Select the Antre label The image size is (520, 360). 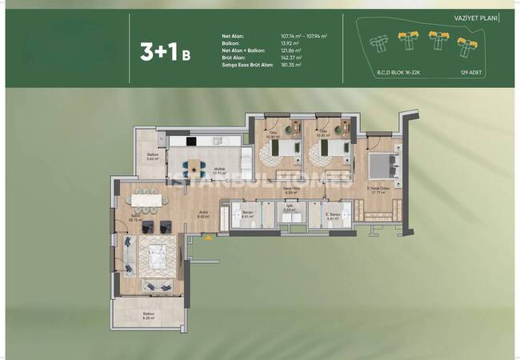(x=203, y=214)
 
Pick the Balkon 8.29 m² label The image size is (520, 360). (x=148, y=315)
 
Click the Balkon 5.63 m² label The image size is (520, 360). (x=153, y=158)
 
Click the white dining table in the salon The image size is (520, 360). (x=144, y=198)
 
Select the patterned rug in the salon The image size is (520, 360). (x=156, y=257)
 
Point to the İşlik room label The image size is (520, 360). (x=290, y=209)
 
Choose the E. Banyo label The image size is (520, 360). (x=334, y=216)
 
